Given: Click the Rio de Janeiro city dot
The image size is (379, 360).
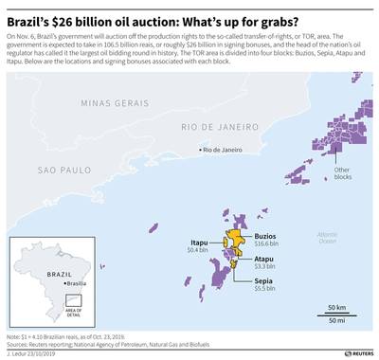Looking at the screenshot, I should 199,150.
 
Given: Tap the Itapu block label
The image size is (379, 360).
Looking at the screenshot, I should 198,242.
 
